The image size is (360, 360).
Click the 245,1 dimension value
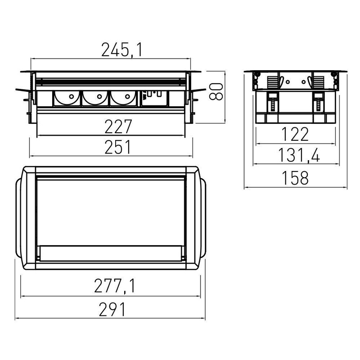(122, 50)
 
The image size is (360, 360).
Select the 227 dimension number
(118, 126)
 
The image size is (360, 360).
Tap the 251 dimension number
(118, 147)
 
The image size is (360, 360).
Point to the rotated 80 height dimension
(216, 92)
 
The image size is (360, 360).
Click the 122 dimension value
(295, 134)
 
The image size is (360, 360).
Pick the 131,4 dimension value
(299, 155)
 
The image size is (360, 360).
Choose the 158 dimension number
(295, 178)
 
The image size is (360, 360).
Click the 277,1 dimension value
(115, 286)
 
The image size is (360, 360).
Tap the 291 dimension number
(112, 309)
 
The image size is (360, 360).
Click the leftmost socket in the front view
(67, 99)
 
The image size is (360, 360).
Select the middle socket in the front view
(95, 99)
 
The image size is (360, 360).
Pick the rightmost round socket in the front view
(123, 99)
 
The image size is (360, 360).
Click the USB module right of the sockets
(154, 98)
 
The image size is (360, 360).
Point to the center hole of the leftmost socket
(72, 96)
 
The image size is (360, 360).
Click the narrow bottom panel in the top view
(111, 253)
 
